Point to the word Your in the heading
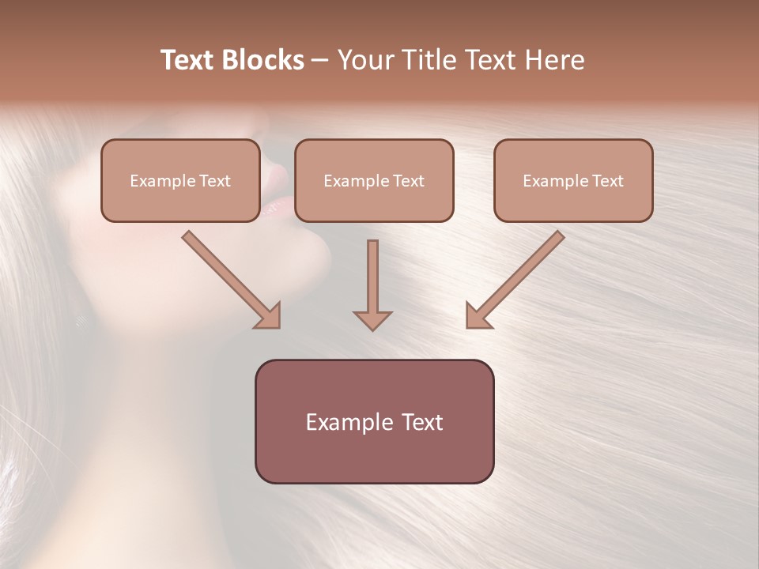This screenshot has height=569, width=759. coord(366,60)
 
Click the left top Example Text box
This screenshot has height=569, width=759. coord(180,181)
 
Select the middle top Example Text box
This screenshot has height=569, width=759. coord(374,181)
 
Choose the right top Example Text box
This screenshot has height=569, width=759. coord(573,181)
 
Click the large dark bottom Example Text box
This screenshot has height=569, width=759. coord(374,421)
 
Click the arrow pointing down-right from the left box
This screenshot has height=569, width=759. coord(232,280)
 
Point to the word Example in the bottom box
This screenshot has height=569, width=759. coord(342,422)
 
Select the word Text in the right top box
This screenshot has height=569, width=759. coord(607,181)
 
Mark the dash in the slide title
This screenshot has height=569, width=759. coord(320,60)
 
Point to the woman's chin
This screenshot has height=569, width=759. coord(304,261)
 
